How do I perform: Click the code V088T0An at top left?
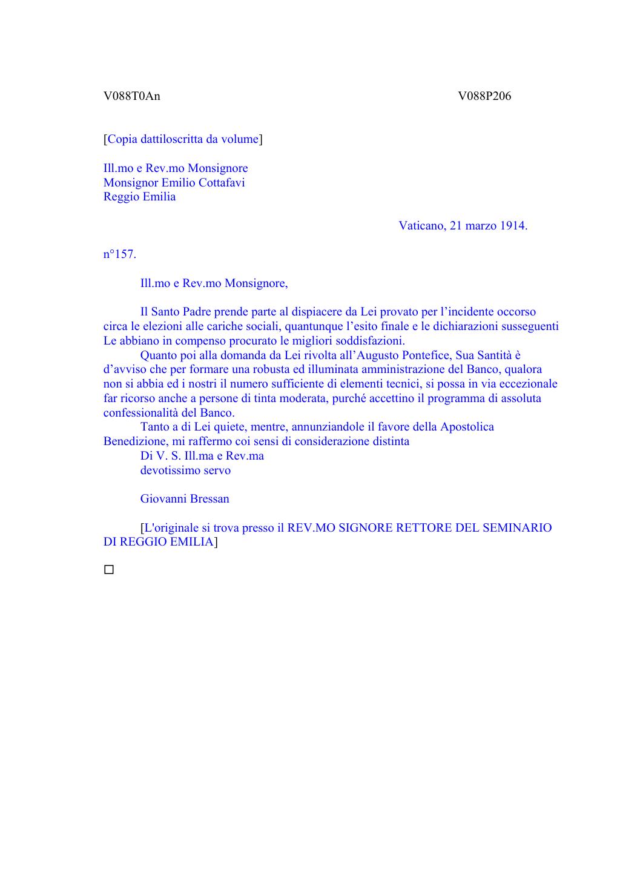(x=131, y=96)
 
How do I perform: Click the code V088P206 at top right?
(x=484, y=96)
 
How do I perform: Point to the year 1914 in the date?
(x=513, y=226)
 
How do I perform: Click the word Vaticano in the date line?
(x=422, y=226)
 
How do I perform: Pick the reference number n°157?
(x=120, y=254)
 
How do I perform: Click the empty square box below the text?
(x=109, y=570)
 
